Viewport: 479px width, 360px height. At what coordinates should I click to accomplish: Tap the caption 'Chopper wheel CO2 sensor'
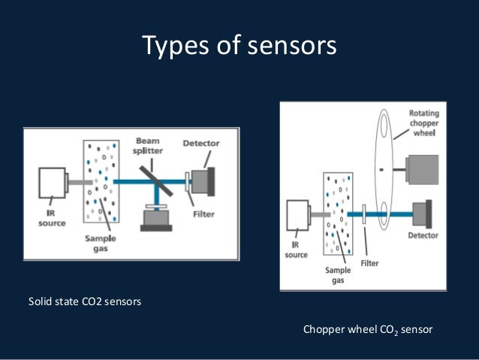coord(368,329)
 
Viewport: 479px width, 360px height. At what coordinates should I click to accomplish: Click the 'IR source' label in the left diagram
coord(52,218)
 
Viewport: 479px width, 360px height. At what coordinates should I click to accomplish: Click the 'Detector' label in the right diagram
coord(423,235)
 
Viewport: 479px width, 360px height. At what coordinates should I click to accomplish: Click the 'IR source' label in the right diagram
coord(296,251)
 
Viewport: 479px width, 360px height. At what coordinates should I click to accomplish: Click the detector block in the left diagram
coord(202,180)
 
